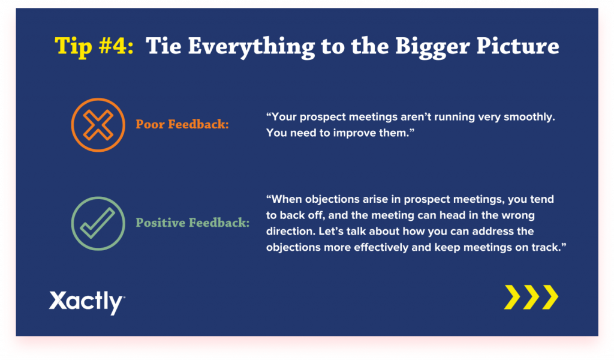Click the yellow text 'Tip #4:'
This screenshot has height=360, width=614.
coord(94,46)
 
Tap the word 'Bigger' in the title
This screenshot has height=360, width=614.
coord(432,47)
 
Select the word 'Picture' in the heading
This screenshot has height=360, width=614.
coord(517,46)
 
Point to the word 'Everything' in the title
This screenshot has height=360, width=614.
coord(251,47)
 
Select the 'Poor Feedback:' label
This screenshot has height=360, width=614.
coord(182,124)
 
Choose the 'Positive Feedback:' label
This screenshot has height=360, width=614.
coord(192,223)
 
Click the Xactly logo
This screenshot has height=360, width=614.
coord(87,302)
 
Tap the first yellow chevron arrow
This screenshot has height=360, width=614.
coord(512,298)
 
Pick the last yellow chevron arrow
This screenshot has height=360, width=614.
coord(550,298)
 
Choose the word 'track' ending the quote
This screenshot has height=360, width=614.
coord(546,247)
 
